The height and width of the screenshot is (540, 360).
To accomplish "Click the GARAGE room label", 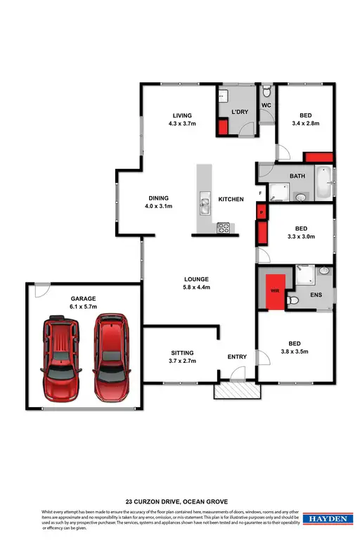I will coord(83,303).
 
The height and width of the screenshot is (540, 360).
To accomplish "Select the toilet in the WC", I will coord(266,92).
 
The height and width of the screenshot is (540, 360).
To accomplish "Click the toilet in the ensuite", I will coord(295,300).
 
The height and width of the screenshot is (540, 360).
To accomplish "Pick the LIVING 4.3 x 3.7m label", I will coord(183,120).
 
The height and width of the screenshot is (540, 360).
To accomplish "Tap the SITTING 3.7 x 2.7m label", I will coord(181,356).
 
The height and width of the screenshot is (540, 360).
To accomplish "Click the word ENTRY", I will coord(237,356).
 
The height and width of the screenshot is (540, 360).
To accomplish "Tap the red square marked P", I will coord(261,212).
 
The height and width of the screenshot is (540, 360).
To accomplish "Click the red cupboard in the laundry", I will coord(223,128).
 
